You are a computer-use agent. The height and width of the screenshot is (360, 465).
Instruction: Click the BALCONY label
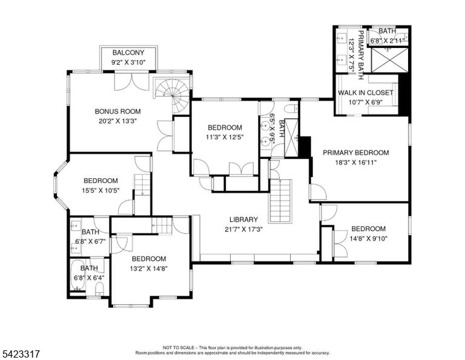(x=128, y=53)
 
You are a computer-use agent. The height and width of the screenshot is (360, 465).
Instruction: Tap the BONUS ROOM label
(x=117, y=112)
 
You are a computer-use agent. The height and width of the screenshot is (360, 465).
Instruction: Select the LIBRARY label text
(x=244, y=219)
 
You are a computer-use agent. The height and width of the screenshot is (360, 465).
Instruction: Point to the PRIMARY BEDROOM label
(x=356, y=153)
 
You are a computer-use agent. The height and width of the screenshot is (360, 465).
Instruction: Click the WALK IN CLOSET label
(x=366, y=93)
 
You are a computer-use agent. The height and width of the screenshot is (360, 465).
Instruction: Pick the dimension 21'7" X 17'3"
(x=244, y=230)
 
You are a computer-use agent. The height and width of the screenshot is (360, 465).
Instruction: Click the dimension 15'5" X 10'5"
(x=101, y=190)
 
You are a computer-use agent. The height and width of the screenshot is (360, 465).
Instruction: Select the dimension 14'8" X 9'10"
(x=369, y=239)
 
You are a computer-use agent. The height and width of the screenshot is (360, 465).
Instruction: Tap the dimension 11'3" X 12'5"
(x=225, y=138)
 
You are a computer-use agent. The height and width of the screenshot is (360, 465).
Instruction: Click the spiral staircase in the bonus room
(x=172, y=95)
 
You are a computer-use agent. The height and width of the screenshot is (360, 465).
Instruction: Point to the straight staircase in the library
(x=280, y=201)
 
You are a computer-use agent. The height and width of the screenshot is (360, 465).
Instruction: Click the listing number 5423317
(x=21, y=354)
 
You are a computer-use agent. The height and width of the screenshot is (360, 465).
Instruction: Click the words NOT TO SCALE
(x=178, y=347)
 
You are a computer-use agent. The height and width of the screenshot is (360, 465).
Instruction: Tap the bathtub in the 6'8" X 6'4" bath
(x=78, y=275)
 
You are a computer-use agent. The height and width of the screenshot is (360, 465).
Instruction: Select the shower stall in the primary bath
(x=390, y=60)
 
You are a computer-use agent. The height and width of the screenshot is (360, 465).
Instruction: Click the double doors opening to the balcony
(x=131, y=82)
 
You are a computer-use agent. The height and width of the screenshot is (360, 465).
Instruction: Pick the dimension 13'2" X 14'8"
(x=149, y=269)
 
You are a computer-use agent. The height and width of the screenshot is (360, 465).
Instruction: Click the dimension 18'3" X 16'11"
(x=356, y=162)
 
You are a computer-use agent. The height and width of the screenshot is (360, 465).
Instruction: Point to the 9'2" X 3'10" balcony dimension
(x=128, y=62)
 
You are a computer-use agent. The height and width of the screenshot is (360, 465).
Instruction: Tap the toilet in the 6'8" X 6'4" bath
(x=99, y=288)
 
